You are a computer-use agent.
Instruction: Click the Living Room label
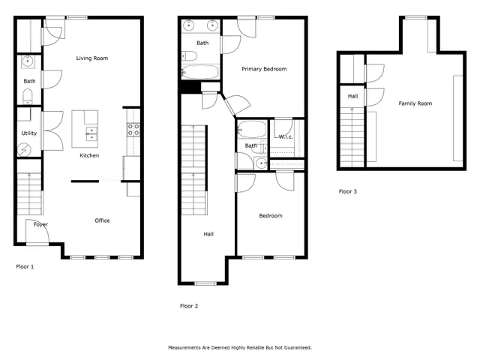coord(94,58)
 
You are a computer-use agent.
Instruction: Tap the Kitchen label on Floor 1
coord(91,156)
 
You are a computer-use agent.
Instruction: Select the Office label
coord(102,220)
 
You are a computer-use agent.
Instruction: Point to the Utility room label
coord(28,133)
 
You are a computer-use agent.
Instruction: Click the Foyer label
coord(40,224)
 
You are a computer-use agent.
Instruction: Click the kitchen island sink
coord(91,134)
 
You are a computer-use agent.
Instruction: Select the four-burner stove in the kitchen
coord(133,129)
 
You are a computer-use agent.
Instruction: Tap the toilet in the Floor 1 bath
coord(28,94)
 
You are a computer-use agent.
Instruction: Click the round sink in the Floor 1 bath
coord(28,61)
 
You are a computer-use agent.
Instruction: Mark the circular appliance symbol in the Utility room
coord(25,150)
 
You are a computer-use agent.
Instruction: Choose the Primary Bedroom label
coord(263,69)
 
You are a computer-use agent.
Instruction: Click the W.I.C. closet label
coord(286,136)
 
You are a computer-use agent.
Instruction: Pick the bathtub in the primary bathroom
coord(200,73)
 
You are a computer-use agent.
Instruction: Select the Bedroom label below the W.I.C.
coord(271,216)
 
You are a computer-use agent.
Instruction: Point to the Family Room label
coord(415,103)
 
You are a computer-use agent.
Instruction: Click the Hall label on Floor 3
coord(352,96)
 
